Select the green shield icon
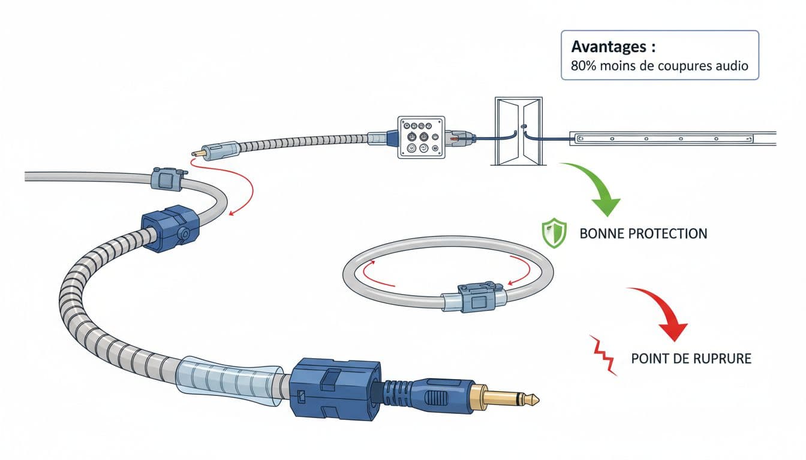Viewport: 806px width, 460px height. (x=554, y=232)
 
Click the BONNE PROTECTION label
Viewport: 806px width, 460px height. (x=643, y=233)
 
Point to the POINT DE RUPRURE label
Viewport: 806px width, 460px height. (x=691, y=359)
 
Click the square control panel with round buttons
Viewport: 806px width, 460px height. (x=422, y=137)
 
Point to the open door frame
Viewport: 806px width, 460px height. (x=518, y=131)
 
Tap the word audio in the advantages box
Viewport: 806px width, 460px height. (x=732, y=65)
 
